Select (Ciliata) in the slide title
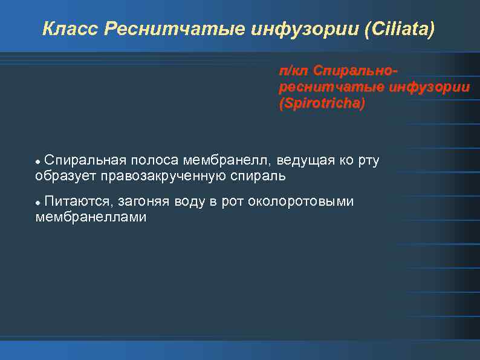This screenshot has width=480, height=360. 399,29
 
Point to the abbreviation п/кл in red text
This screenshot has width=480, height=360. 290,71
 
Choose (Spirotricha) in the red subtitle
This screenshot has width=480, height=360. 322,103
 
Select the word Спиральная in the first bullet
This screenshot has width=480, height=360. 85,160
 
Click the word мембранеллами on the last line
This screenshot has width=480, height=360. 91,217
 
